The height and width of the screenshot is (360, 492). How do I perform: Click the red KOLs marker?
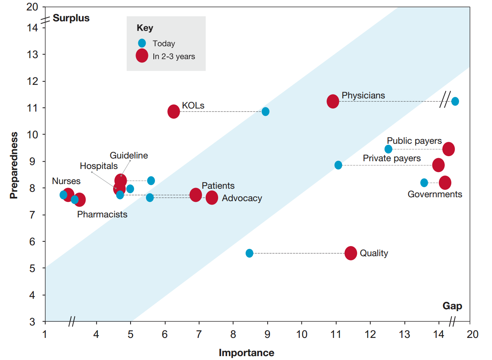(174, 112)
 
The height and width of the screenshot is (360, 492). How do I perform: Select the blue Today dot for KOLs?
(265, 112)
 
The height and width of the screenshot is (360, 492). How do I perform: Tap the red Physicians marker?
(333, 101)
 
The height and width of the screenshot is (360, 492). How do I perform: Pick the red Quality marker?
(351, 253)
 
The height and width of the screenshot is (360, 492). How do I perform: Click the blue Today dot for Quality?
(249, 253)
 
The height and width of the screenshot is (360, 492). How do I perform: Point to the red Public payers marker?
(448, 149)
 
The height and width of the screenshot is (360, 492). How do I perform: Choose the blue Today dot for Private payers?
(338, 165)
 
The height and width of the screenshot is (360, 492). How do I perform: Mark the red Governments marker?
(445, 183)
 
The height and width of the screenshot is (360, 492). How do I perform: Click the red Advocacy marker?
(212, 198)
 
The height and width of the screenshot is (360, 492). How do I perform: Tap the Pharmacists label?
(102, 214)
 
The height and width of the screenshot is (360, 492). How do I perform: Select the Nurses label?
(66, 181)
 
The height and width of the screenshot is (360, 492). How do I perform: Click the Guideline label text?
(129, 155)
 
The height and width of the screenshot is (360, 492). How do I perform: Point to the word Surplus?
(71, 18)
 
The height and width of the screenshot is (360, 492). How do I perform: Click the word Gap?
(452, 306)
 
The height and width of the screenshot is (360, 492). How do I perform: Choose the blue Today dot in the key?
(142, 43)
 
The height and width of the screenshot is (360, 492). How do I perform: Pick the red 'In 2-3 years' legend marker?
(142, 56)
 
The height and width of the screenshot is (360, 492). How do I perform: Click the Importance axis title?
(246, 353)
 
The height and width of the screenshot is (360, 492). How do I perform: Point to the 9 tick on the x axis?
(267, 334)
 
